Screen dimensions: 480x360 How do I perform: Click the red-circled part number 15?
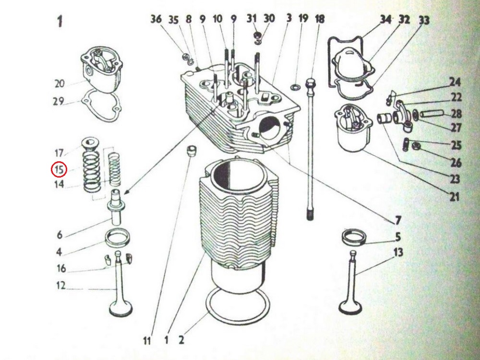point(59,169)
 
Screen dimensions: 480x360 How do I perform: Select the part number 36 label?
point(156,19)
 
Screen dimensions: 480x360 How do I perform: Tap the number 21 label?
point(454,196)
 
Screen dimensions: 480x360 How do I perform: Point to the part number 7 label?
point(397,220)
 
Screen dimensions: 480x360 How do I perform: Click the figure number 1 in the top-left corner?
point(60,22)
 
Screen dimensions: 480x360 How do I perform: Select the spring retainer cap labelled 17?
point(90,144)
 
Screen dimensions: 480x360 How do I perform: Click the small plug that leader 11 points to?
point(192,151)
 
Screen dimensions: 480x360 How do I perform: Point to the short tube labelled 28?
point(432,114)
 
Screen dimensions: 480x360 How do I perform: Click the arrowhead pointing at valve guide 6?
point(126,192)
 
